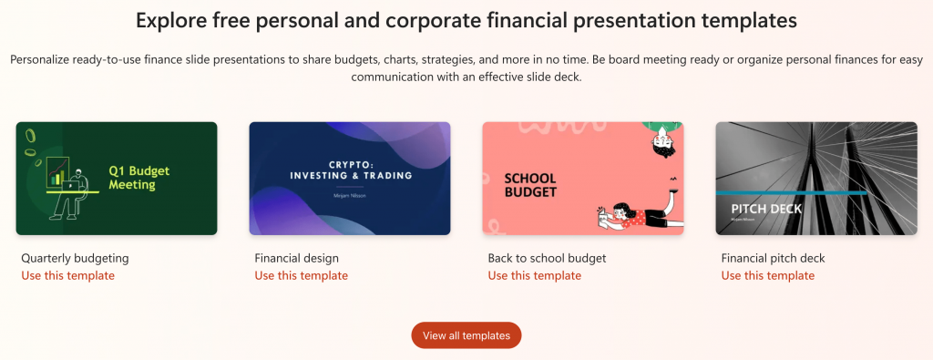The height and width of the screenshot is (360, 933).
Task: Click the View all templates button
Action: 466,335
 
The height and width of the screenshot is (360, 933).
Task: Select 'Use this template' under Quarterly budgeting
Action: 68,275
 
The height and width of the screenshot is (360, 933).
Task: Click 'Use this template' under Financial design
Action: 302,275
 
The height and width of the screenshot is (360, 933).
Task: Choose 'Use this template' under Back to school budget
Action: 535,275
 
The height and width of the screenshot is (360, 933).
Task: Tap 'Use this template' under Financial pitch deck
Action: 768,275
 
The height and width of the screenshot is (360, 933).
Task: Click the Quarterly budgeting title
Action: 75,258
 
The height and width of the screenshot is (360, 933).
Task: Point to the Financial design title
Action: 296,258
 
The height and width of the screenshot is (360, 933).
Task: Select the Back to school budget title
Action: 547,258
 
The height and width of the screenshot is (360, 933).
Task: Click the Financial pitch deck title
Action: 773,258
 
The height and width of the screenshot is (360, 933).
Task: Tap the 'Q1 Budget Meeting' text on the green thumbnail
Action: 139,177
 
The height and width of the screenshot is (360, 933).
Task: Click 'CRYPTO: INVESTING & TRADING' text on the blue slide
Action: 351,169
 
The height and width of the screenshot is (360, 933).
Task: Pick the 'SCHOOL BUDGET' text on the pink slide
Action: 530,185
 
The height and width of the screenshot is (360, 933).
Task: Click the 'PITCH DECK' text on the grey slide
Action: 766,209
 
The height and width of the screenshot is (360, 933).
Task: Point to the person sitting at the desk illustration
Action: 70,192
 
